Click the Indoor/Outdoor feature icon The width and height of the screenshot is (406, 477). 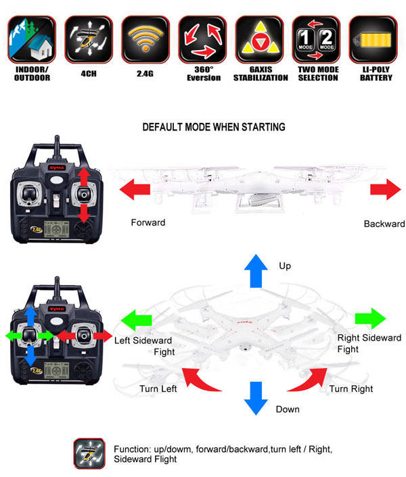coord(32,40)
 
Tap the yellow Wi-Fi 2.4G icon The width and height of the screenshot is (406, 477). coord(145,40)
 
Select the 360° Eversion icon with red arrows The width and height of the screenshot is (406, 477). coord(202,40)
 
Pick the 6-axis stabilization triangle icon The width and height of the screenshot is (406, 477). coord(259,40)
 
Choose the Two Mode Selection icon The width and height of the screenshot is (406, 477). coord(316,40)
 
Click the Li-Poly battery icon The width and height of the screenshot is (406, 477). coord(373,40)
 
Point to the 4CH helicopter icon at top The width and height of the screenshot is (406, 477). coord(89,40)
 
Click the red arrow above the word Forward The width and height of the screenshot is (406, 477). coord(135,189)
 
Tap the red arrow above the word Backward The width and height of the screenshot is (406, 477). coord(386,189)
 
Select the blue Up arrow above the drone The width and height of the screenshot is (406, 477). coord(256,271)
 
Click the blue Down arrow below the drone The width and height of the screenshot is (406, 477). coord(256,398)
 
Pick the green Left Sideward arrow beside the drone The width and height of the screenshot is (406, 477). coord(137,320)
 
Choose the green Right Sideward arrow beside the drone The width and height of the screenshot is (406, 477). coord(370,319)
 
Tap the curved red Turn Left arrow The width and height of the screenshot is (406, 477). coord(201,379)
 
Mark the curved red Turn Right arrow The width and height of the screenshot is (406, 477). coord(308,379)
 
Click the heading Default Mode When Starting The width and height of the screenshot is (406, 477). coord(214,127)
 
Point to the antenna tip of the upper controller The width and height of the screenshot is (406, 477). coord(57,136)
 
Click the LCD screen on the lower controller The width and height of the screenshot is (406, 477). coord(57,370)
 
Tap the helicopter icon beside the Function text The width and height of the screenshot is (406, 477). coord(89,453)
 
